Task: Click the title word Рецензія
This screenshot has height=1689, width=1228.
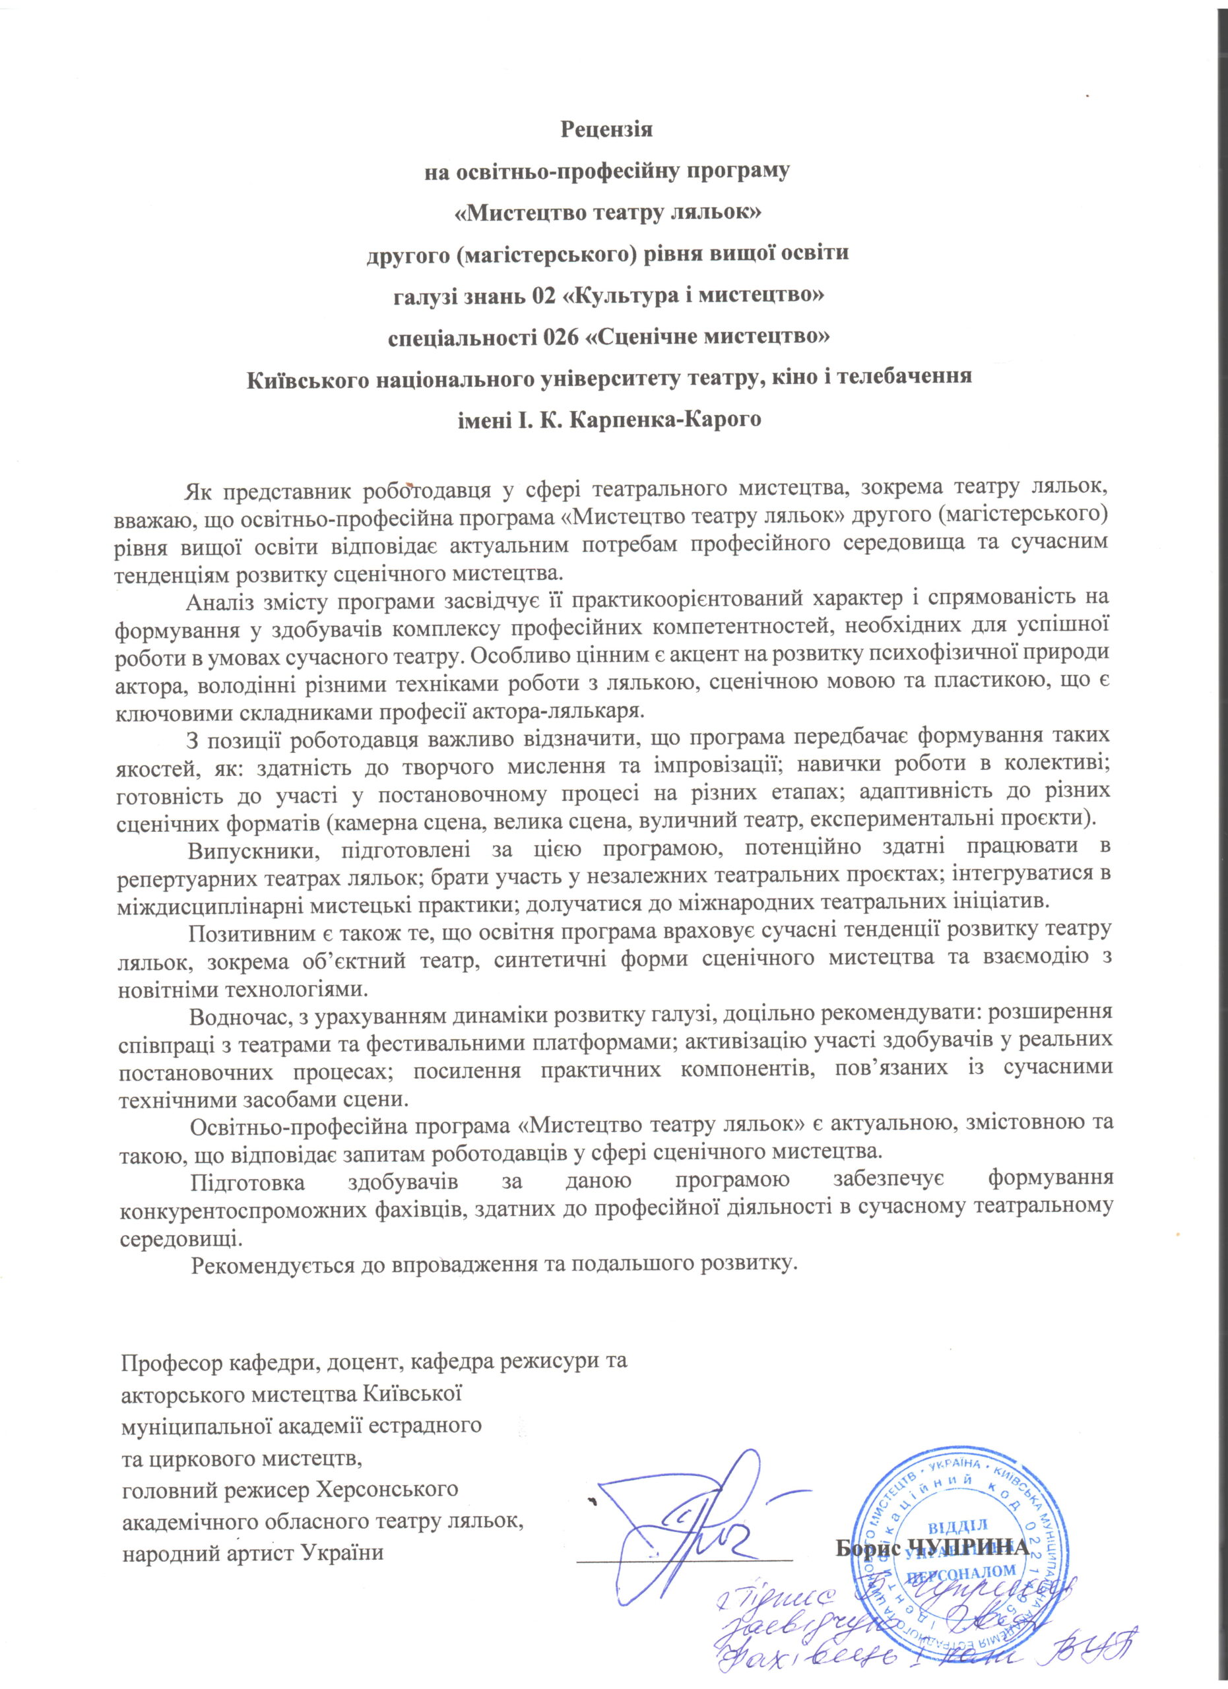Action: [x=606, y=129]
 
